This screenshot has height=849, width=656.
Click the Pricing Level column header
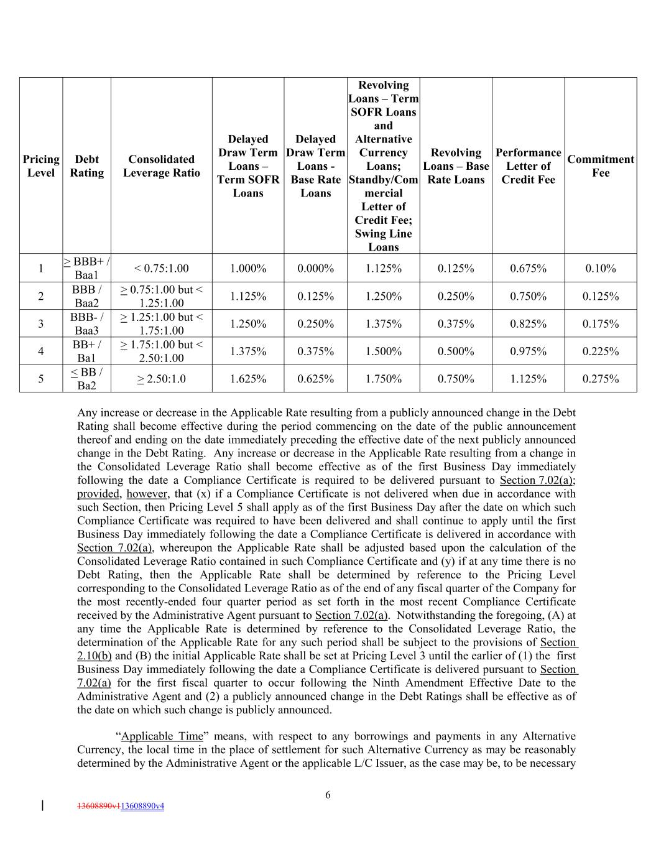click(40, 166)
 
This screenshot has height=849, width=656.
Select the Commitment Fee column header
click(600, 166)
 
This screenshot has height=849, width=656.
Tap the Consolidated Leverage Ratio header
click(161, 166)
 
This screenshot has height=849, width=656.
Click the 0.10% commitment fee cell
click(600, 269)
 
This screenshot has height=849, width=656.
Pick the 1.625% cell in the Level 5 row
click(247, 379)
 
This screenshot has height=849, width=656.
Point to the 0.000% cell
click(315, 269)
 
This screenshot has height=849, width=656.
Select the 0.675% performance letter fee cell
click(528, 269)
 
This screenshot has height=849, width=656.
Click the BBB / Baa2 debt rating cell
click(86, 296)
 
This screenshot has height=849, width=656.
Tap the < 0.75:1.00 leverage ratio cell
click(161, 269)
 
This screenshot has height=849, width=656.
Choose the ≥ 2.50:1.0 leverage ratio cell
click(161, 379)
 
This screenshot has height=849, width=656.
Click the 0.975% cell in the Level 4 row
click(528, 351)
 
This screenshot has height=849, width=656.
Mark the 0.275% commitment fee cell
click(600, 379)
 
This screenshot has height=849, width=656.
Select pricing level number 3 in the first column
click(40, 324)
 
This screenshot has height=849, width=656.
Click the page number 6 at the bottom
click(328, 795)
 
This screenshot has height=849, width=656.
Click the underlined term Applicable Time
click(162, 736)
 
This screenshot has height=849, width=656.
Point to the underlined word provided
click(98, 494)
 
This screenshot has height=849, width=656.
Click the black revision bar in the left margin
click(42, 806)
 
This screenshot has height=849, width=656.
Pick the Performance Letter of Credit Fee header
click(528, 166)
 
